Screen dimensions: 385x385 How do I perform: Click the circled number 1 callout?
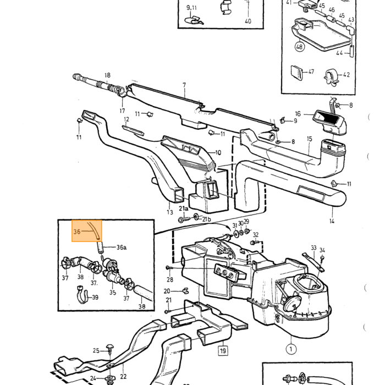point(291,349)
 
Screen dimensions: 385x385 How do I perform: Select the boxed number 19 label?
point(223,350)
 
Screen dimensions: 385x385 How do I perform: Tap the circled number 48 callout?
point(299,46)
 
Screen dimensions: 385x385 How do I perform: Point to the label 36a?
point(122,248)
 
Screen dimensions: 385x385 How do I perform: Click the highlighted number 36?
point(77,232)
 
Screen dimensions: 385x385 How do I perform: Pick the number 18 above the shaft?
point(107,75)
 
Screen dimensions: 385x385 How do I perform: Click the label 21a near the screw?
point(183,208)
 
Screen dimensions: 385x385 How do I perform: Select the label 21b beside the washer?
point(206,219)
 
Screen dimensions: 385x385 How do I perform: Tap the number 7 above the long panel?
point(184,85)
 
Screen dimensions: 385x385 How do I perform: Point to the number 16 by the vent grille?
point(298,114)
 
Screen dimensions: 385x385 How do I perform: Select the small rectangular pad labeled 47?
point(297,73)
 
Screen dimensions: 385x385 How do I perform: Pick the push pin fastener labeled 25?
point(110,348)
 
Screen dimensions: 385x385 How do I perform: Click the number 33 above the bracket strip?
point(313,248)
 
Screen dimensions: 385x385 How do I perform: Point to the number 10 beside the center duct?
point(218,153)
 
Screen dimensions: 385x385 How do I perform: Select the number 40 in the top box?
point(248,21)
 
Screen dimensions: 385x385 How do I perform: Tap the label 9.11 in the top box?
point(191,8)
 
